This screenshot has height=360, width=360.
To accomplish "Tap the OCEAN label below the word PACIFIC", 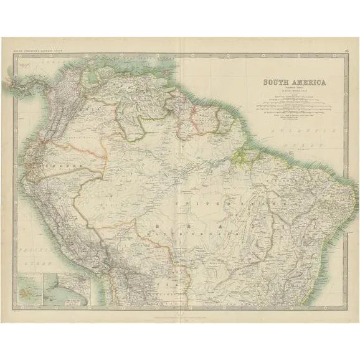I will [x=26, y=262].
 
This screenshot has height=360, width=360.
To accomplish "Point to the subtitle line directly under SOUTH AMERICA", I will [x=287, y=89].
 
